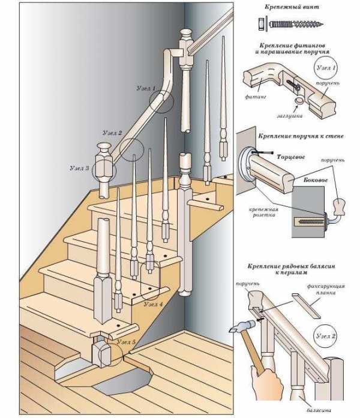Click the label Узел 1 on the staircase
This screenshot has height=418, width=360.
(x=146, y=88)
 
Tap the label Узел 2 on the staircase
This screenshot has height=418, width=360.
(x=112, y=133)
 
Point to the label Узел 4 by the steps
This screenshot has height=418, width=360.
(x=153, y=304)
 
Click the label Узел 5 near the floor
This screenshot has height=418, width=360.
(x=127, y=342)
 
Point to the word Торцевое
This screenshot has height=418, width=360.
(x=292, y=157)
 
